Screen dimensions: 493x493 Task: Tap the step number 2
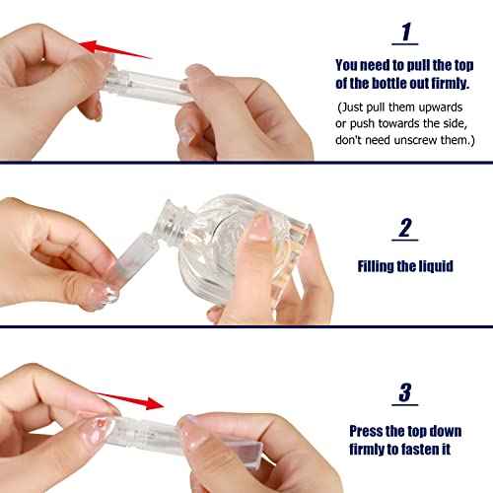point(404,229)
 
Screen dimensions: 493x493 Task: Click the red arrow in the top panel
point(115,50)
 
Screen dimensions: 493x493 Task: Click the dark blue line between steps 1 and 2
point(246,162)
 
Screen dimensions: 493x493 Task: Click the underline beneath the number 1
point(402,45)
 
